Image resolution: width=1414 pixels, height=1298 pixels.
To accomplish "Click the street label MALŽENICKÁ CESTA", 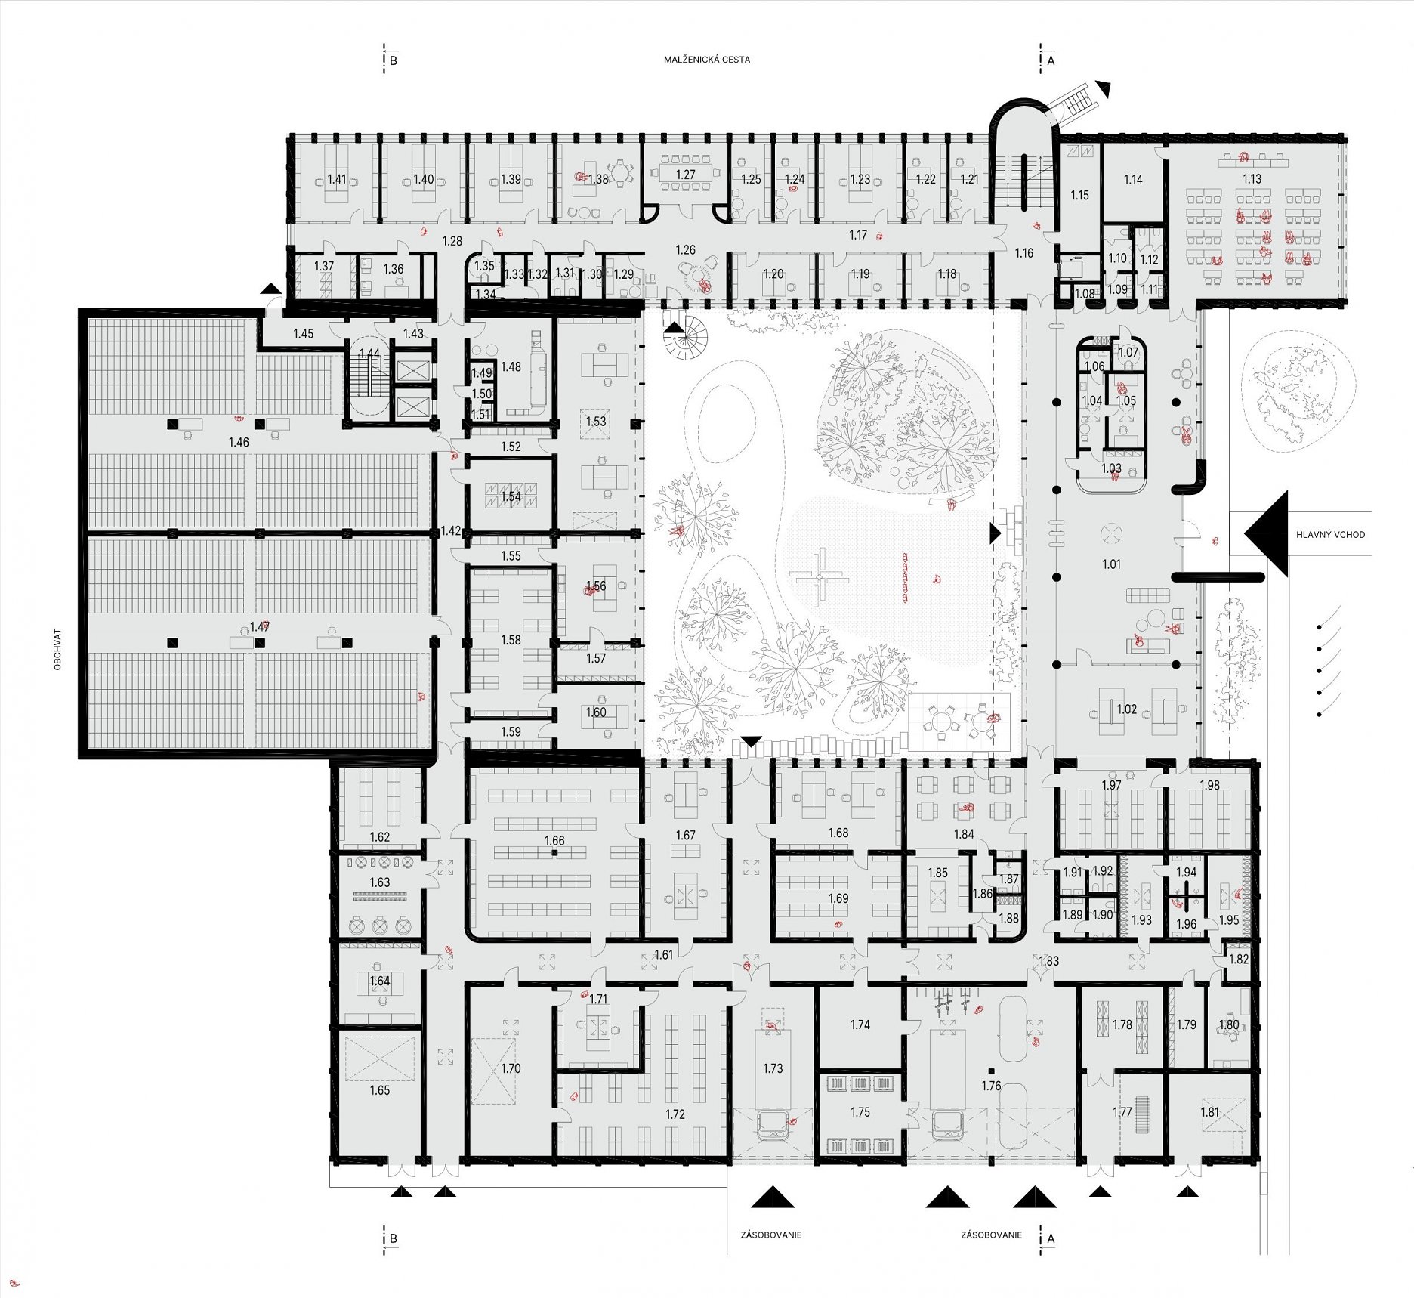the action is click(x=707, y=60).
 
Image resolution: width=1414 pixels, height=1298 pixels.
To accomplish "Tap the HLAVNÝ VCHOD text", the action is click(x=1330, y=534).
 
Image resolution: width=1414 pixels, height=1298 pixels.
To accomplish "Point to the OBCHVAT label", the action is click(x=58, y=650).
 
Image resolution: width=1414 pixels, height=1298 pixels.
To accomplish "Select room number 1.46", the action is click(x=239, y=442).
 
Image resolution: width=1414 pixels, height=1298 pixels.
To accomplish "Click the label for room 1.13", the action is click(x=1252, y=179).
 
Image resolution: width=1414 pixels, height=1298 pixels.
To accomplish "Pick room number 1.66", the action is click(x=554, y=840).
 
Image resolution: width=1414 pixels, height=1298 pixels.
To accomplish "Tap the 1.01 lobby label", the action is click(x=1111, y=564).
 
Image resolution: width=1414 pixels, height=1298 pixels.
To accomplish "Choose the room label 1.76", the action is click(x=991, y=1086).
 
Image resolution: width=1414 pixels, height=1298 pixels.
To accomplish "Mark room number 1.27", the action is click(x=685, y=175).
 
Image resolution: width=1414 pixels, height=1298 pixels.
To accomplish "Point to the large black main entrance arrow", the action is click(x=1266, y=533).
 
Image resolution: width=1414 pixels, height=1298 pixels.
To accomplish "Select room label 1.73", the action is click(x=773, y=1068).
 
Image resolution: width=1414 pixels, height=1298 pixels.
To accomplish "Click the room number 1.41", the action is click(x=337, y=179).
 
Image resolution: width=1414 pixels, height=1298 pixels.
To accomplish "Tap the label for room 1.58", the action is click(x=511, y=640).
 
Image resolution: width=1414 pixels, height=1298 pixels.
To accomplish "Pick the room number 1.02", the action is click(x=1126, y=709).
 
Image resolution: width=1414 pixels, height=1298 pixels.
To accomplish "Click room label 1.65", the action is click(x=380, y=1090).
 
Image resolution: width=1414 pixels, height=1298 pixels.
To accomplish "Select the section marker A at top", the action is click(x=1051, y=60).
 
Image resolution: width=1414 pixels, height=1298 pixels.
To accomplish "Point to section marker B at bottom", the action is click(x=393, y=1238).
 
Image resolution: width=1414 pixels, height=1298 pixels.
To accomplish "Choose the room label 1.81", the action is click(x=1209, y=1111).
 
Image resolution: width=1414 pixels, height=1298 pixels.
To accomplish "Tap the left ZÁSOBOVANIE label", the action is click(x=770, y=1235).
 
